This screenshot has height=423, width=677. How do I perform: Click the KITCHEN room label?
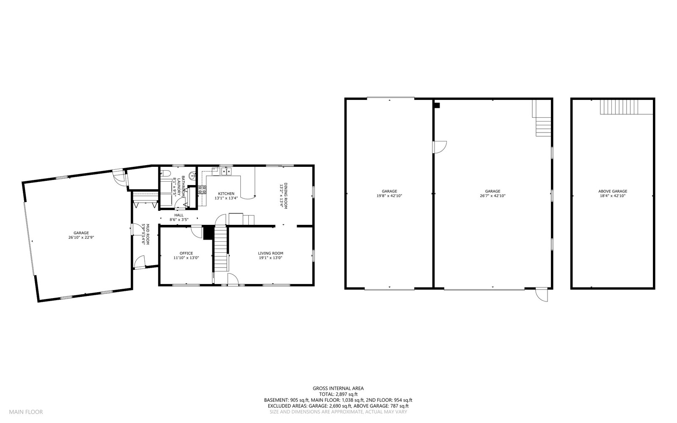point(226,194)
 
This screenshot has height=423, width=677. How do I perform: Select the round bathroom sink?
point(192,175)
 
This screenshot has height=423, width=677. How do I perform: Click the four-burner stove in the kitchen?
point(202,190)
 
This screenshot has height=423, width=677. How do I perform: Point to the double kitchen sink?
point(226,171)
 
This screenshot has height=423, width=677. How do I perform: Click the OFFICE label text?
point(186,253)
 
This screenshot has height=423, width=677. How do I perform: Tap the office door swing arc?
point(197,231)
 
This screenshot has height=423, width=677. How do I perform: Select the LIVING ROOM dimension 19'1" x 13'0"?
point(270,258)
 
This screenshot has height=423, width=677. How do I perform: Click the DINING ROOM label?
point(286,196)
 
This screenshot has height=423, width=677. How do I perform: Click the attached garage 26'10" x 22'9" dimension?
point(81,238)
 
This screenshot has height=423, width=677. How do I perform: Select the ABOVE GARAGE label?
point(613,191)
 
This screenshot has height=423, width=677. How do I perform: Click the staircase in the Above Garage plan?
point(619,107)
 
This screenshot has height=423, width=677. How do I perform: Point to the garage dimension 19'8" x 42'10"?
point(389,196)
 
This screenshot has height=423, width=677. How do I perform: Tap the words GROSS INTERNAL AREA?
point(338,388)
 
